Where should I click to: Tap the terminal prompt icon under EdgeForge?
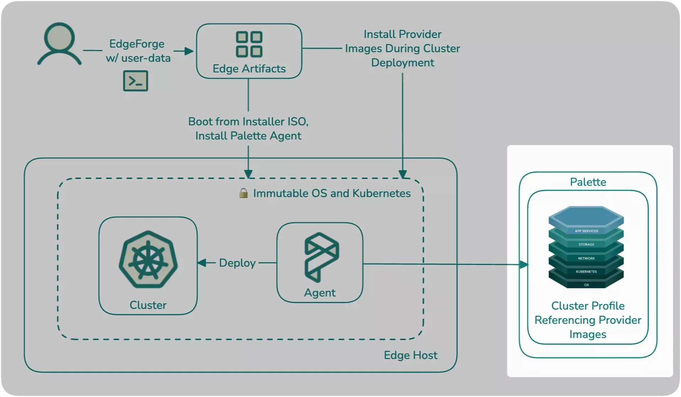click(x=135, y=81)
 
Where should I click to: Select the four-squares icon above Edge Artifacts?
click(x=249, y=44)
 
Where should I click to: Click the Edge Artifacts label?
click(x=249, y=69)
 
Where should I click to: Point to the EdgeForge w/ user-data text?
click(x=138, y=51)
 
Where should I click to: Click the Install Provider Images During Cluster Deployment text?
click(x=402, y=48)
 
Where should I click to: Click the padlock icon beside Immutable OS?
click(x=243, y=193)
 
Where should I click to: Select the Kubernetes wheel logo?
click(x=148, y=260)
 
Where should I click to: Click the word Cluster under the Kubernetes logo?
click(x=148, y=305)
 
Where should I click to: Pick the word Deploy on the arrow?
click(x=237, y=263)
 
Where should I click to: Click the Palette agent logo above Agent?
click(x=321, y=257)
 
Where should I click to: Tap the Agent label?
click(x=319, y=293)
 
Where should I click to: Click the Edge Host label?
click(x=410, y=355)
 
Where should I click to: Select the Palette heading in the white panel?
click(x=588, y=182)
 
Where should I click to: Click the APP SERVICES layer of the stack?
click(x=586, y=231)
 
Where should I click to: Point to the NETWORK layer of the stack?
click(x=586, y=258)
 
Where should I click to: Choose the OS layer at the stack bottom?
click(x=586, y=285)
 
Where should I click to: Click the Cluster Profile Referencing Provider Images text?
click(x=588, y=320)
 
